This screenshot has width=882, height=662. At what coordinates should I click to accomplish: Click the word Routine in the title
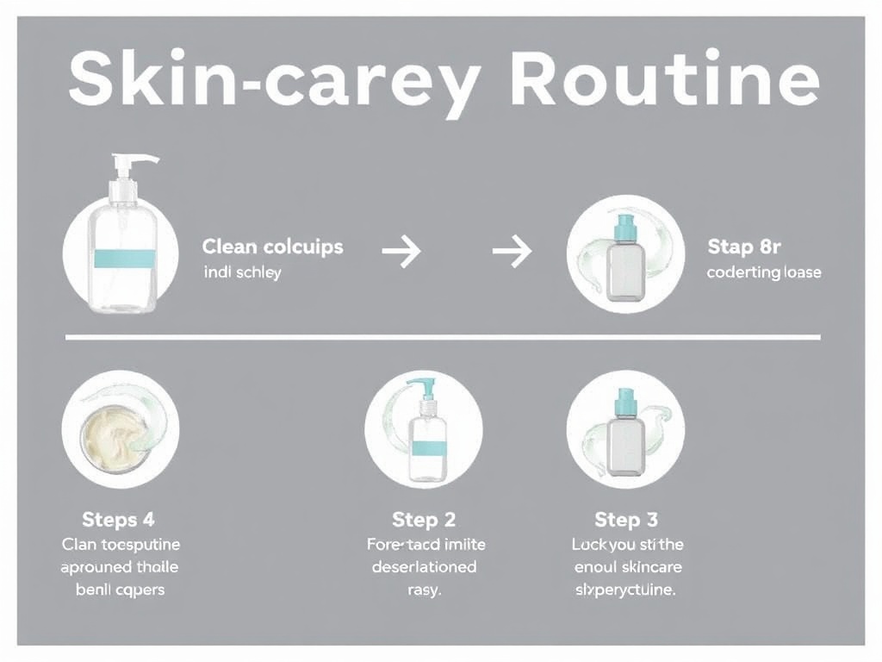point(663,81)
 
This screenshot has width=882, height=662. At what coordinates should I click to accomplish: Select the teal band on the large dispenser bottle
point(121,256)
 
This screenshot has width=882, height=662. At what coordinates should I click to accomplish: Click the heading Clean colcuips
point(272,247)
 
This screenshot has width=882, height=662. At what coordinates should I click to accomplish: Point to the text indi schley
point(242,273)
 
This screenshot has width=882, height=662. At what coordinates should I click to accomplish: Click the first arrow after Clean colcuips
point(401,252)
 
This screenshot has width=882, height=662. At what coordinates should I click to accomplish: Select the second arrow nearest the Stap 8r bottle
point(512,252)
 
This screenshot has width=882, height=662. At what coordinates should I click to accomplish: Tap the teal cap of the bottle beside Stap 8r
point(624,230)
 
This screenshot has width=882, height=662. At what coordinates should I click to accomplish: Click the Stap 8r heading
point(743,247)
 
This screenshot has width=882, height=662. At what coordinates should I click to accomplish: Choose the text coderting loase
point(763,272)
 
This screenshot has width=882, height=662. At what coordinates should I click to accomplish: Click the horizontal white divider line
point(443,337)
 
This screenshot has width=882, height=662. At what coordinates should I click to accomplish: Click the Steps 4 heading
point(118,520)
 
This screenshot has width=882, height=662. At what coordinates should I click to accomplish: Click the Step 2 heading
point(423,520)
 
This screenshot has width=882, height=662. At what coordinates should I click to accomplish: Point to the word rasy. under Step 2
point(423,590)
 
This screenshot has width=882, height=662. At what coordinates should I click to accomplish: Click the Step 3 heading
point(626,520)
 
